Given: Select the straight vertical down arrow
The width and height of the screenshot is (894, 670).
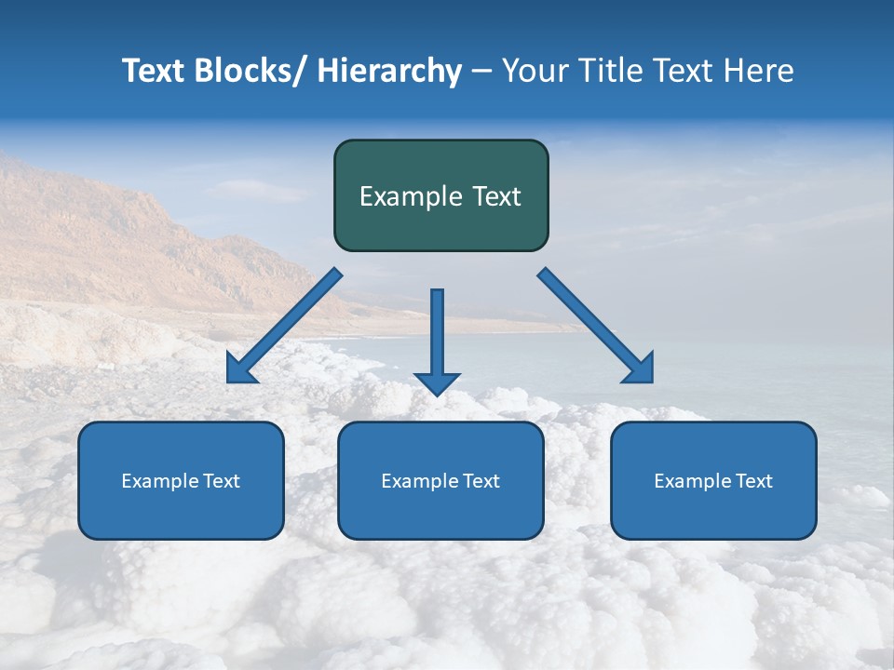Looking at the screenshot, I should pos(438,340).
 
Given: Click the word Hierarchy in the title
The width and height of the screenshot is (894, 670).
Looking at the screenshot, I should pos(389,71).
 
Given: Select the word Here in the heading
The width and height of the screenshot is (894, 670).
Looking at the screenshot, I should pos(758,71).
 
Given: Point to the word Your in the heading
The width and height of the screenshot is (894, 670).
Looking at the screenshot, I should pos(534,71).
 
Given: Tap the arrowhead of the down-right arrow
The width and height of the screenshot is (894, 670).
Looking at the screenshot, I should pos(640,368).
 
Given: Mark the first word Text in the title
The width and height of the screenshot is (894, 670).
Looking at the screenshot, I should pos(153,71).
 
